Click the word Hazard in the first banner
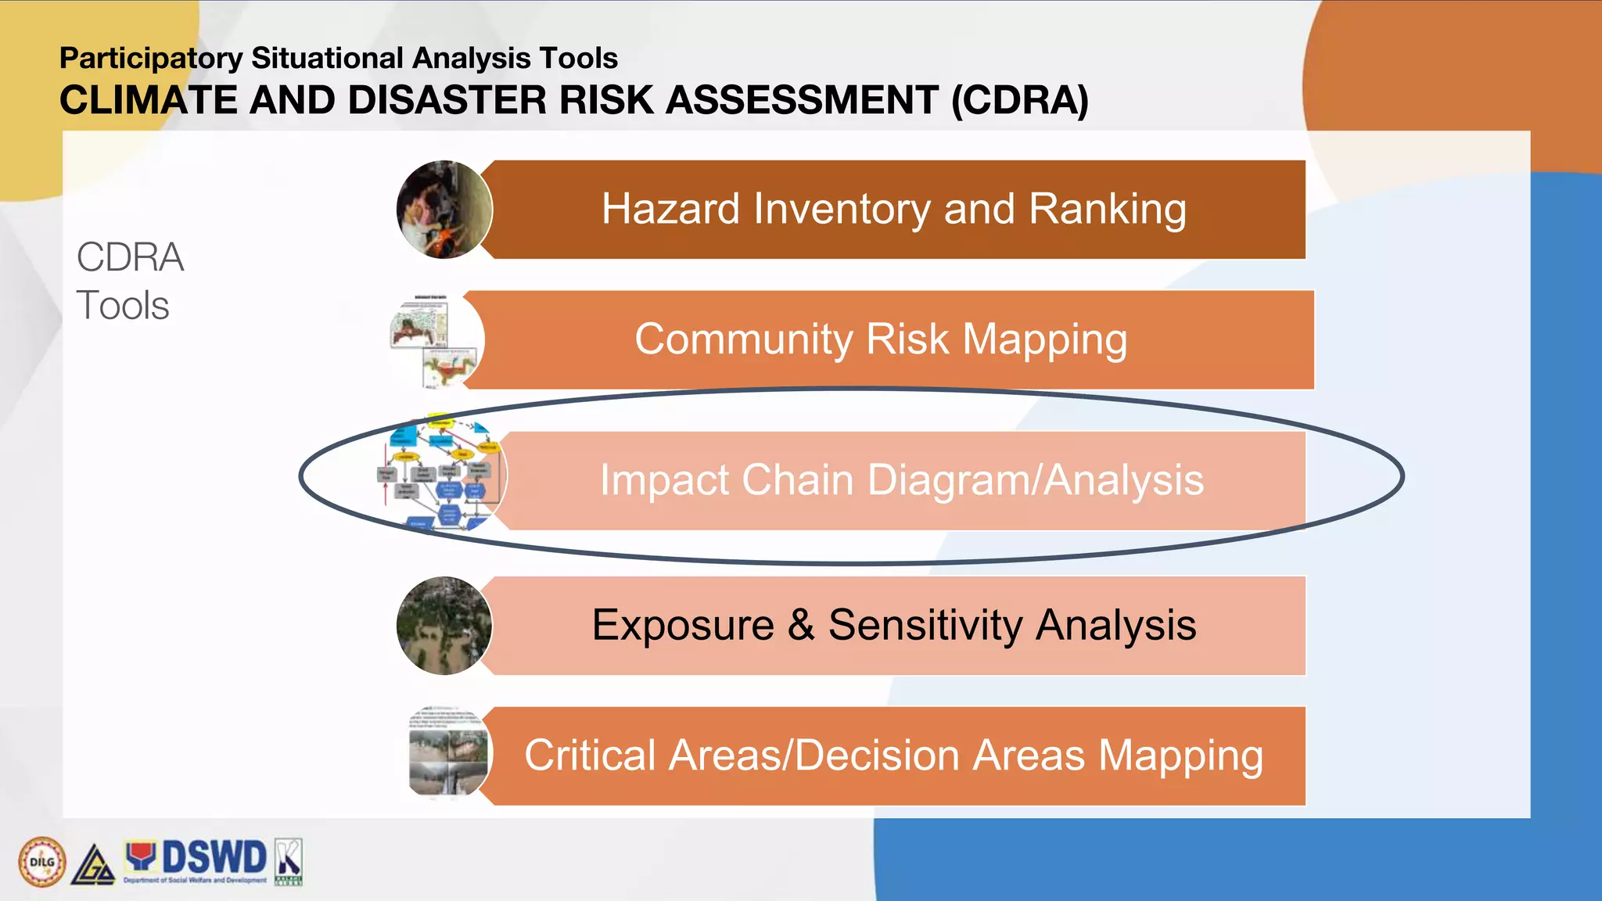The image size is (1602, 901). [670, 209]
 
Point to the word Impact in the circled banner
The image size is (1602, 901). [663, 481]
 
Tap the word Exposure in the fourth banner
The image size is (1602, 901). [682, 625]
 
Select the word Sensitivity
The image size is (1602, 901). [925, 625]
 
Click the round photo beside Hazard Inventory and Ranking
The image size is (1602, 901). [444, 210]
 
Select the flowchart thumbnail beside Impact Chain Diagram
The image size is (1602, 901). [442, 475]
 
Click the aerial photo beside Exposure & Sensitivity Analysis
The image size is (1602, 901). [444, 626]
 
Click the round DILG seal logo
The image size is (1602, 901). [41, 862]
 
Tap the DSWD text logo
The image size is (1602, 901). [213, 858]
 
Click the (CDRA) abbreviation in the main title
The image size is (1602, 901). [1019, 101]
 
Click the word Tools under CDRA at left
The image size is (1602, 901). [123, 305]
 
